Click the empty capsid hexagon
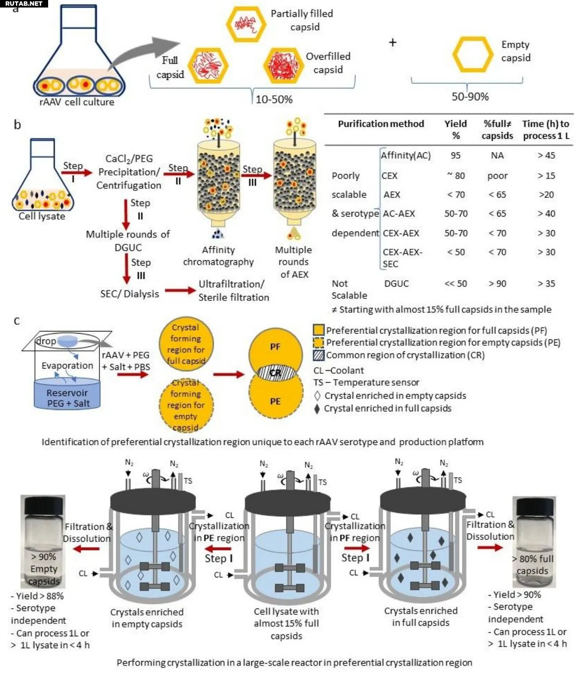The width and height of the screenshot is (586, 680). [x=473, y=55]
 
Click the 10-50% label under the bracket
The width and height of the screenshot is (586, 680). [x=274, y=99]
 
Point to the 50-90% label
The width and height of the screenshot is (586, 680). [x=470, y=97]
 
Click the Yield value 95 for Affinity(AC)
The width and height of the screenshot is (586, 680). [x=455, y=156]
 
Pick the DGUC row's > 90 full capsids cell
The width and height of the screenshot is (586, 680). [x=497, y=284]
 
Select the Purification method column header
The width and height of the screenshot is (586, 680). [x=381, y=124]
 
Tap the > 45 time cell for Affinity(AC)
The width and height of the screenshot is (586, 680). [x=546, y=156]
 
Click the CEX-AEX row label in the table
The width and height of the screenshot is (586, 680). [x=401, y=233]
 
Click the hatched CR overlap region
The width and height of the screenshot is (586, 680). [x=276, y=373]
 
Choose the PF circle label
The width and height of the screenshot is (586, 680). [x=275, y=347]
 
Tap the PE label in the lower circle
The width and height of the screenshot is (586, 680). [x=275, y=401]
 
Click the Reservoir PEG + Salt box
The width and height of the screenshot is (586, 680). [x=68, y=395]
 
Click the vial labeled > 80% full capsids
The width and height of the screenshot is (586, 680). [x=533, y=541]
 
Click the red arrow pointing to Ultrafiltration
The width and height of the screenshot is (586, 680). [x=180, y=290]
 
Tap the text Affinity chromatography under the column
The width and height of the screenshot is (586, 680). [x=218, y=256]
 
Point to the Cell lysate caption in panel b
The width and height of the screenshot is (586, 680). [x=42, y=216]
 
